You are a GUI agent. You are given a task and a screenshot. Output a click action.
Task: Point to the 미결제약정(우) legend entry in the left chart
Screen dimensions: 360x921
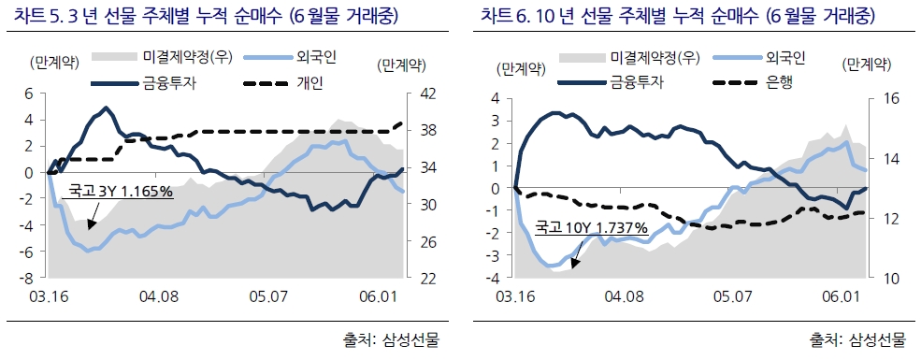tap(187, 59)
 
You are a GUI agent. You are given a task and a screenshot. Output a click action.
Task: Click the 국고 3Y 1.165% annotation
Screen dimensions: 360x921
tap(121, 192)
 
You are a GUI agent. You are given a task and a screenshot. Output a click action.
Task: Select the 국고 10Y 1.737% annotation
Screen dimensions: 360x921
tap(591, 227)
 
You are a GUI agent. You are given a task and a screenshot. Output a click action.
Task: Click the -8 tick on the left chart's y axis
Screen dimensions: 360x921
tap(29, 279)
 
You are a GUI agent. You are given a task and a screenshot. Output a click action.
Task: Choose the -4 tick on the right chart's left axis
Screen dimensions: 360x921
tap(496, 279)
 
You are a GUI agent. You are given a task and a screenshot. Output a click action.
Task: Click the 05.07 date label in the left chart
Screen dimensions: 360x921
tap(268, 296)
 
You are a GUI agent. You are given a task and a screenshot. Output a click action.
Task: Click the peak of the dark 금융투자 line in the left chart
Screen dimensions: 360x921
tap(106, 108)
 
